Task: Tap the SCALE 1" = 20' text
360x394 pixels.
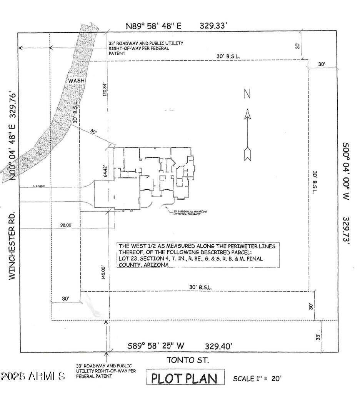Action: click(257, 378)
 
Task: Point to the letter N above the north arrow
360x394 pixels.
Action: click(248, 93)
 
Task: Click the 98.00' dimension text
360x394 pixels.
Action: click(66, 225)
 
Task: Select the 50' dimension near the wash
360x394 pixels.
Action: click(93, 132)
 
